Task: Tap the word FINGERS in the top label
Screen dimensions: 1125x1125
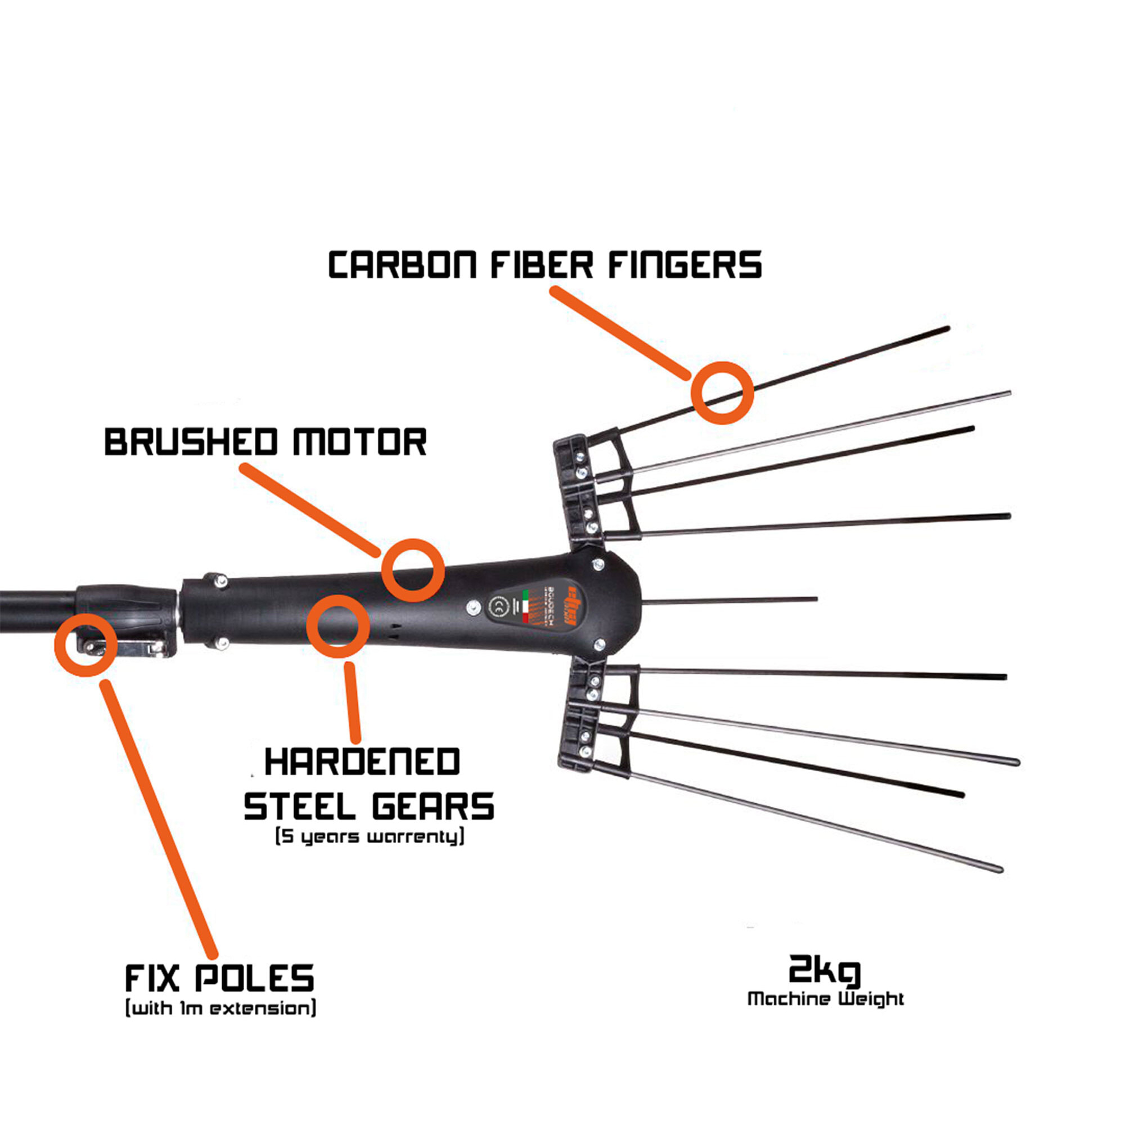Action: coord(685,265)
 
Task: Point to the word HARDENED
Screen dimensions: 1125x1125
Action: coord(362,762)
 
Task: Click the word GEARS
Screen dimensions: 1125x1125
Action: coord(433,807)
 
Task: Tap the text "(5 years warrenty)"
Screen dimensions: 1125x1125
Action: coord(370,838)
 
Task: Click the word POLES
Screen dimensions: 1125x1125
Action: coord(254,978)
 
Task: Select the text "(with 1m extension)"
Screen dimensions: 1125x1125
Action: coord(220,1008)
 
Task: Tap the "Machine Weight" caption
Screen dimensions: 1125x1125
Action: coord(825,998)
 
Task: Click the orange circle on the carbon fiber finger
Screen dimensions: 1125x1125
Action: coord(722,393)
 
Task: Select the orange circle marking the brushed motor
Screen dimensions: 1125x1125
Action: coord(413,570)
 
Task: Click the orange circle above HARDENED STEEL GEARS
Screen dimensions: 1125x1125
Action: coord(337,626)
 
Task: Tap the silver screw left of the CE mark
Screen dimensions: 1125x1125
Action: coord(473,607)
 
